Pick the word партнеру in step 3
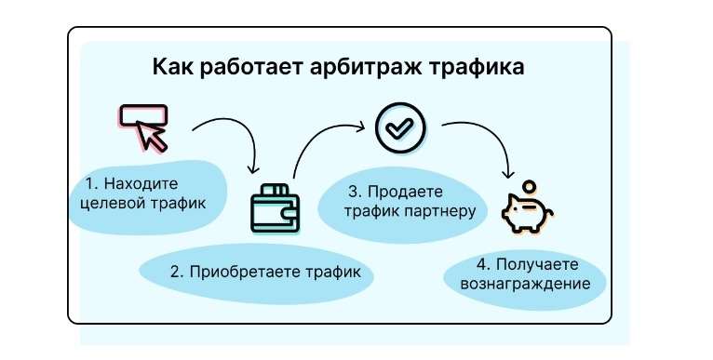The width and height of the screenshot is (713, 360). click(x=439, y=210)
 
